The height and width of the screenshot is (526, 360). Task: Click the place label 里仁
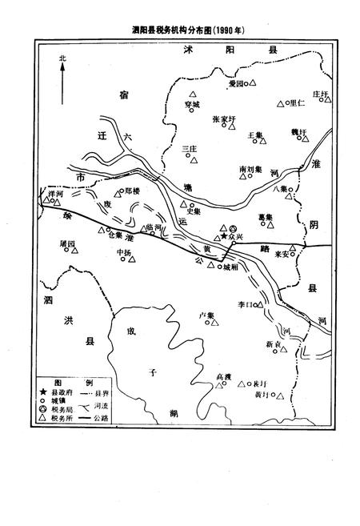tap(296, 102)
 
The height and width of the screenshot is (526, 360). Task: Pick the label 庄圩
tap(321, 94)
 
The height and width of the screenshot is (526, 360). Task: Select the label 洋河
tap(55, 193)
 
